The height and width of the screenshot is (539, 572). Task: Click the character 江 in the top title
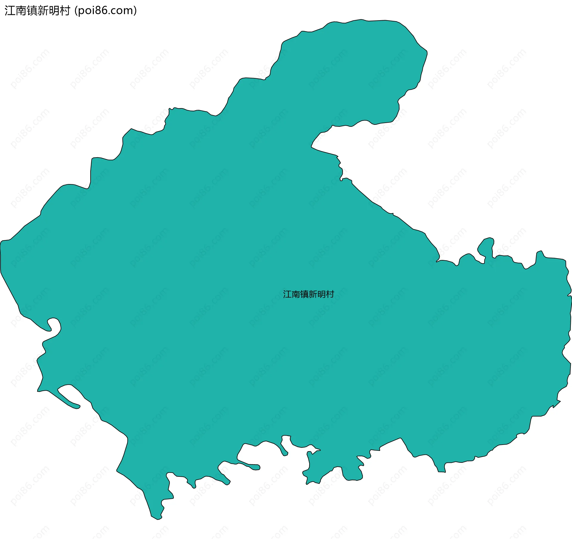[x=10, y=11]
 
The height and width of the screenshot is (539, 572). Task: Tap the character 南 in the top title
[x=21, y=11]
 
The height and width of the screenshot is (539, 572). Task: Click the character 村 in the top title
[x=65, y=11]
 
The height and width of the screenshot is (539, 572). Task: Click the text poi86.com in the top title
[x=106, y=11]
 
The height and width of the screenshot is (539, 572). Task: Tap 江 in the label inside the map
[x=287, y=294]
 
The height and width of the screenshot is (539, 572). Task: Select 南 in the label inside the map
[x=296, y=294]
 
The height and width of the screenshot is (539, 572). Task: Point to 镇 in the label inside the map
[x=304, y=294]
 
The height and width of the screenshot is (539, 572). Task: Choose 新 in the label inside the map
[x=313, y=294]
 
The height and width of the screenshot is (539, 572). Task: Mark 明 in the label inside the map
[x=321, y=294]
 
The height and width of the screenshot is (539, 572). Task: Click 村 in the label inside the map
[x=330, y=294]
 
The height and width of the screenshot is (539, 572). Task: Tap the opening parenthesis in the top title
[x=76, y=11]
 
